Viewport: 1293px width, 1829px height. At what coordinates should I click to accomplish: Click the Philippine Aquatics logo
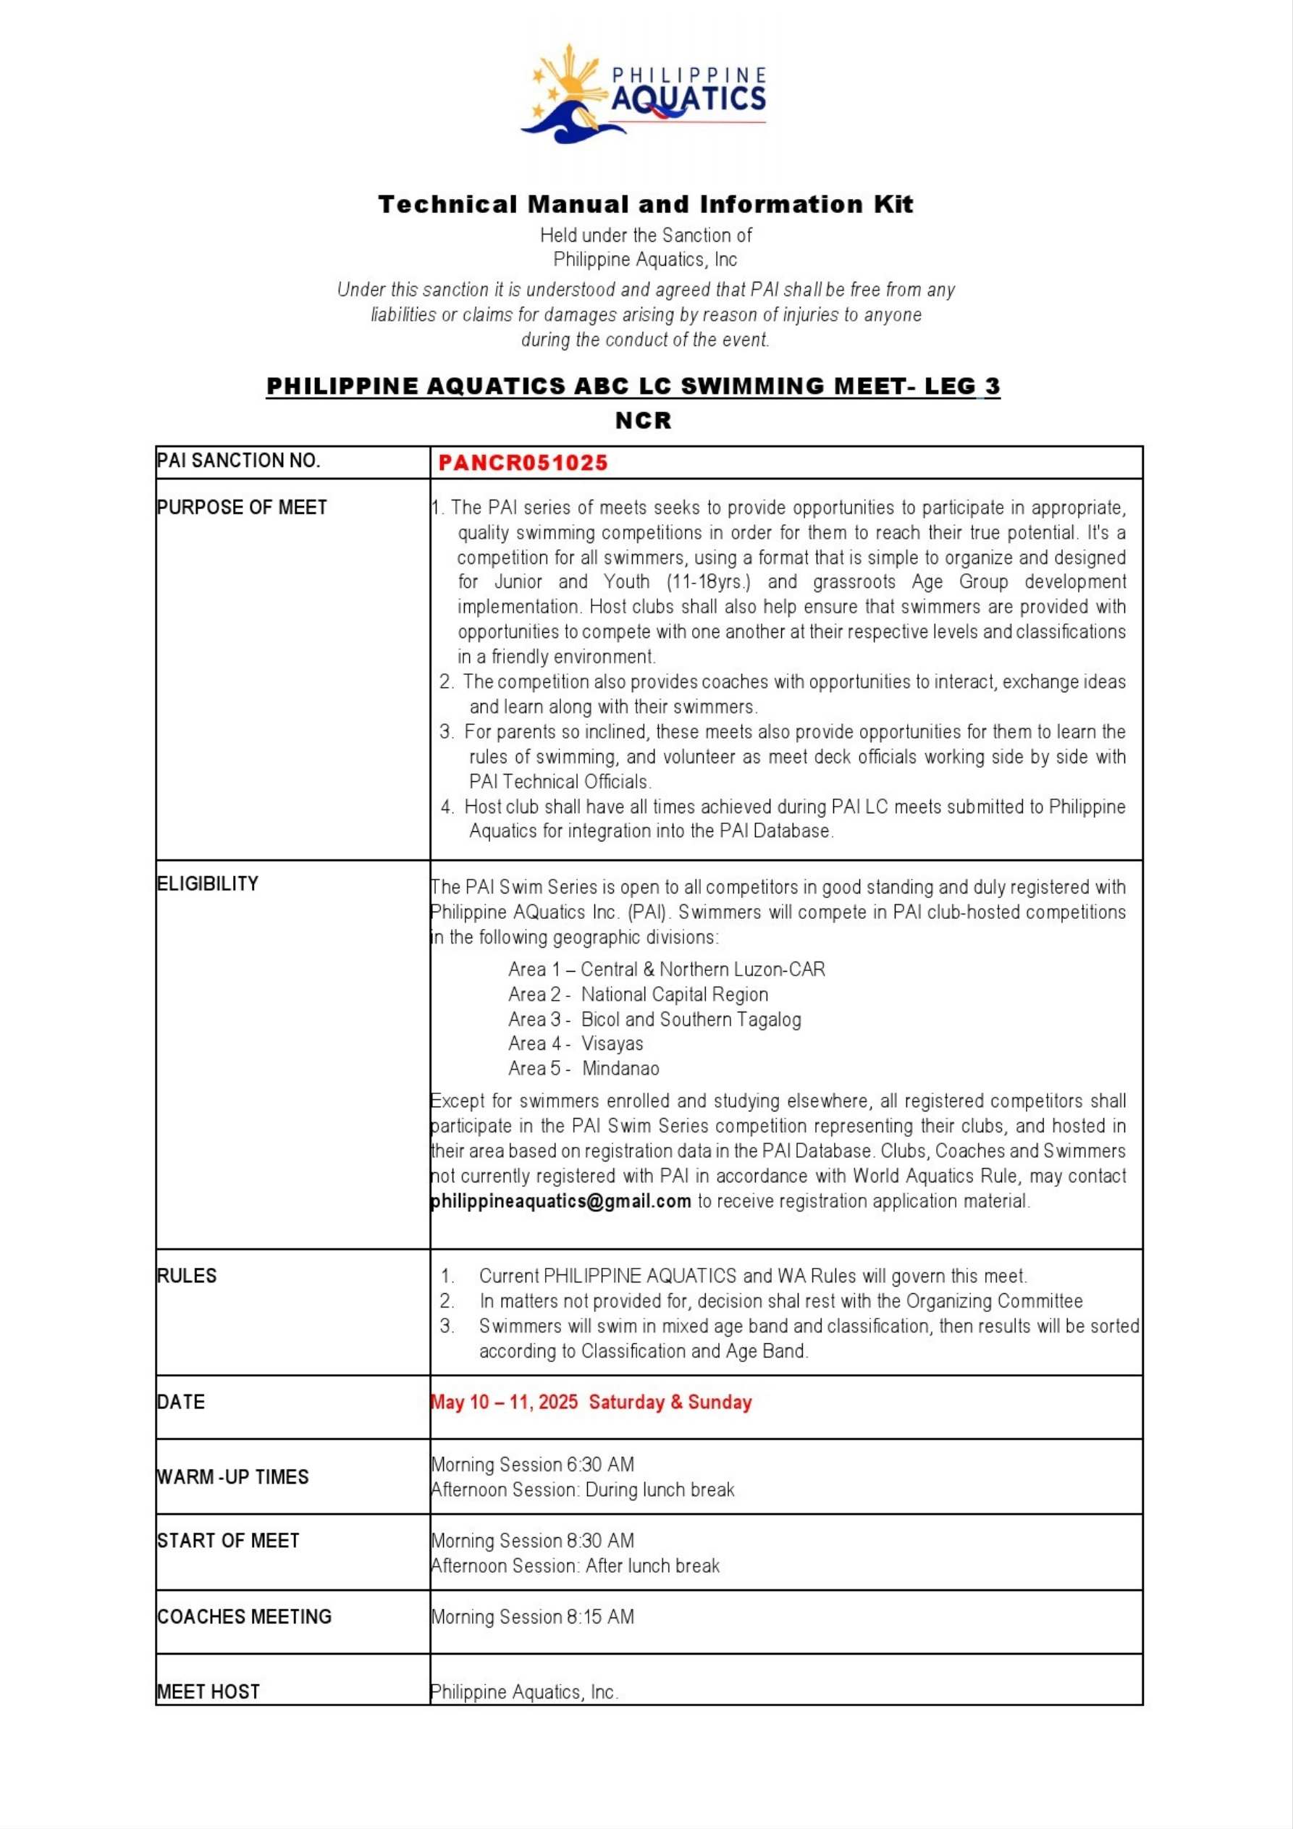point(644,94)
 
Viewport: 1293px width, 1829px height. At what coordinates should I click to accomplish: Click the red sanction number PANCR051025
point(523,463)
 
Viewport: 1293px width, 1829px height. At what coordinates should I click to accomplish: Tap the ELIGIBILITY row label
point(208,883)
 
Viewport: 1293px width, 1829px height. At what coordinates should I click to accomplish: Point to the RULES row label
point(187,1275)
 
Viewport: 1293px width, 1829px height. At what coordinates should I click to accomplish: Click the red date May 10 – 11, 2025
point(505,1402)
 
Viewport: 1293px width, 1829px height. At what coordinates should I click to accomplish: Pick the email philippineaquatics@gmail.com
point(561,1201)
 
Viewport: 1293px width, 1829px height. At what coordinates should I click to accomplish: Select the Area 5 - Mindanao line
point(584,1068)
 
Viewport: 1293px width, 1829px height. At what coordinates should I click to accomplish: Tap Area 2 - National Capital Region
point(638,994)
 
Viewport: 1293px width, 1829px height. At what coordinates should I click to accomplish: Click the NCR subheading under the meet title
point(644,420)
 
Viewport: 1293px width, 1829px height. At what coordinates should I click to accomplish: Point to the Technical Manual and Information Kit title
point(645,204)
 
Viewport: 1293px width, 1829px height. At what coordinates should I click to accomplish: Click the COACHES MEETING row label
point(244,1616)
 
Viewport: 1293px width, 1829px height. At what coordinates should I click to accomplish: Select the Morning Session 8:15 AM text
point(532,1616)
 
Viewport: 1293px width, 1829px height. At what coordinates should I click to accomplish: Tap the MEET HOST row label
point(208,1691)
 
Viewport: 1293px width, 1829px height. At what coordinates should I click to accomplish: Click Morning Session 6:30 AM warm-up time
point(532,1464)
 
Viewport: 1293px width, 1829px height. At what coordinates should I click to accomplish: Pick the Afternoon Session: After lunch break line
point(574,1565)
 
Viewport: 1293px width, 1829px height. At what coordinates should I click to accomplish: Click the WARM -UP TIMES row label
point(232,1476)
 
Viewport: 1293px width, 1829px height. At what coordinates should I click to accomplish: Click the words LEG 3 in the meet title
point(961,387)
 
